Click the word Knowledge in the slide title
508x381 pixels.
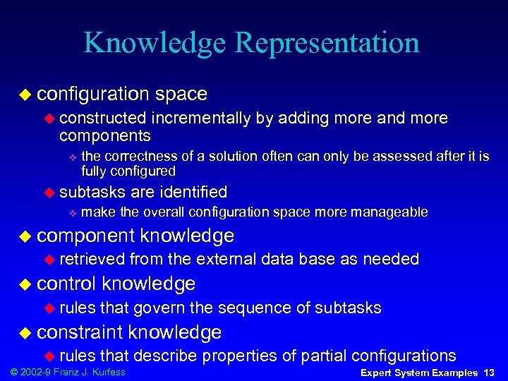156,43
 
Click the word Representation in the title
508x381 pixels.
328,43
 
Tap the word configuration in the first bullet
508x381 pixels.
92,94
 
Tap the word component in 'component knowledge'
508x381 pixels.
86,236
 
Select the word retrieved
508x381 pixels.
92,259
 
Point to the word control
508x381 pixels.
67,284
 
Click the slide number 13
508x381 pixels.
490,373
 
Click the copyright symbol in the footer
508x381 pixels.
9,372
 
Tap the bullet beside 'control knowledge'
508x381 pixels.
26,284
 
